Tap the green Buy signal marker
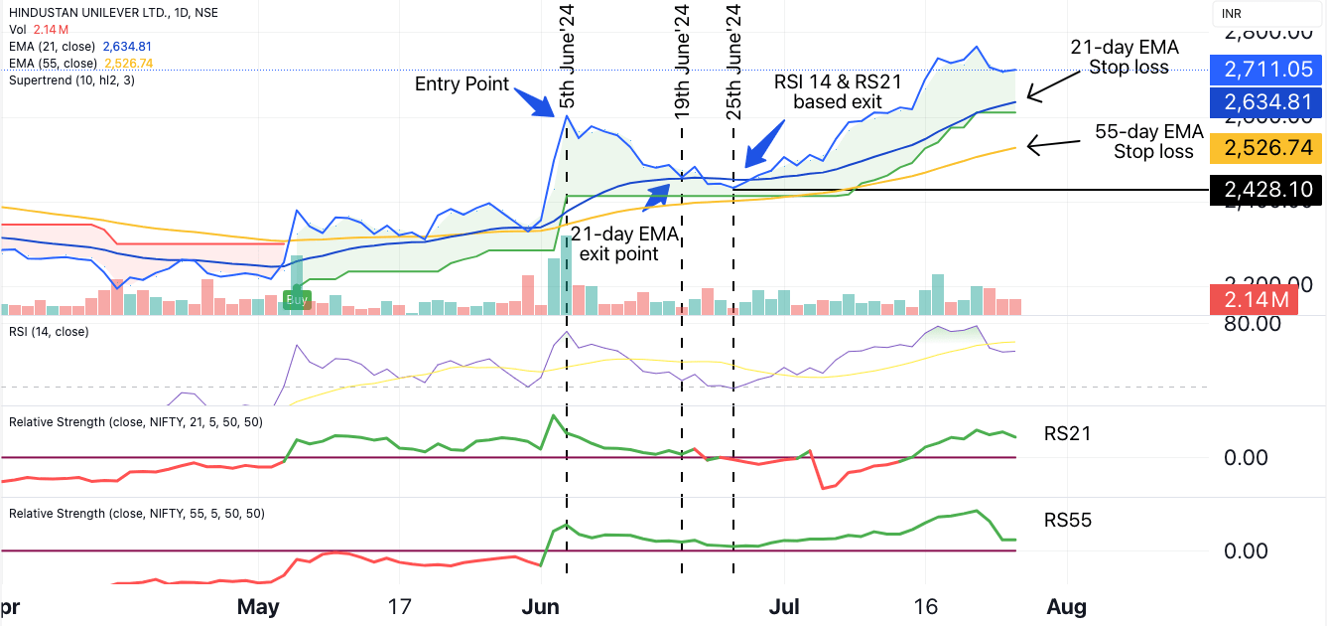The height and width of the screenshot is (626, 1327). click(296, 298)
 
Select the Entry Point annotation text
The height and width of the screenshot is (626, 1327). click(462, 84)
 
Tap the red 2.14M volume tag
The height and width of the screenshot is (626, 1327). click(1266, 299)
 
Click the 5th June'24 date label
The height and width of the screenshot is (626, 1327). click(567, 57)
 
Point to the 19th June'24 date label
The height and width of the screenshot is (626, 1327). click(682, 61)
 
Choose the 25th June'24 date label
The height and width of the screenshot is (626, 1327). click(733, 61)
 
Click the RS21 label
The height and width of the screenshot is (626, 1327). click(1068, 433)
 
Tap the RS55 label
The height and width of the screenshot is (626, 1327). click(1068, 520)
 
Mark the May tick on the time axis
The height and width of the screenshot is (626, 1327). click(259, 605)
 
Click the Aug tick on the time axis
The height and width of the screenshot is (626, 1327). click(1068, 605)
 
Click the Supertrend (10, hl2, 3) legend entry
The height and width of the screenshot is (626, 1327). click(71, 79)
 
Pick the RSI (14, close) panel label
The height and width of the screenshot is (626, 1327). click(49, 331)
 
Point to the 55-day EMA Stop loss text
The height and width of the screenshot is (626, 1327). click(1149, 141)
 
